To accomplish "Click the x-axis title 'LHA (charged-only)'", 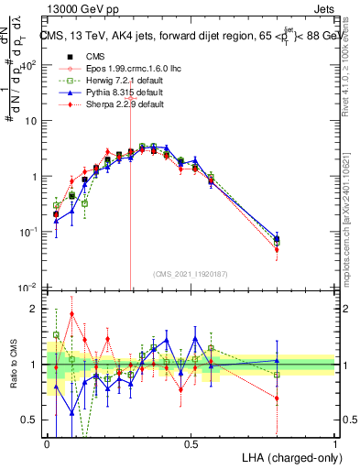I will [289, 456].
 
